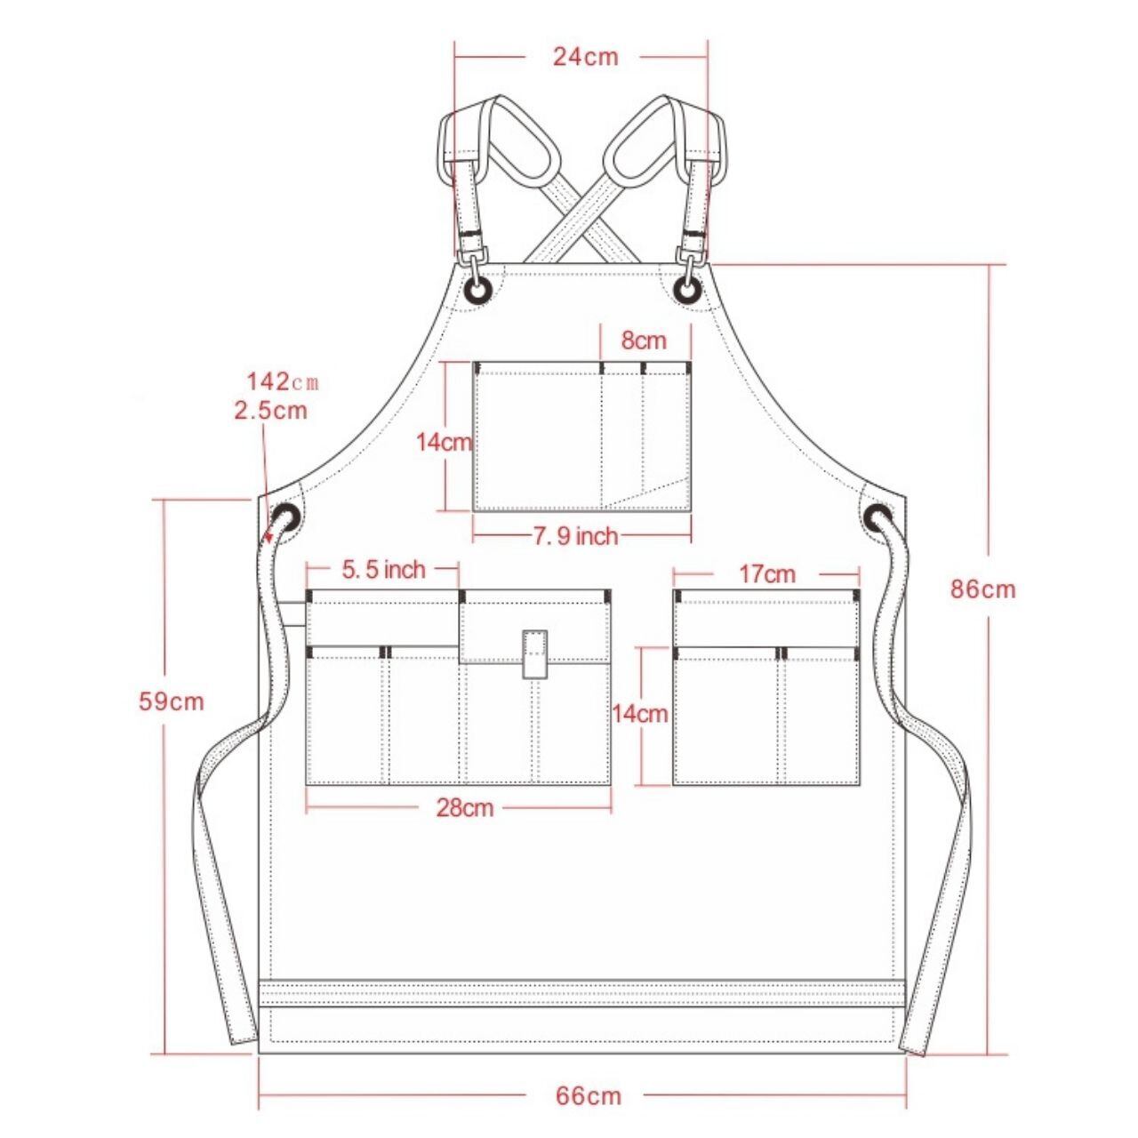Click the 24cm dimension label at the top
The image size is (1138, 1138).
click(585, 57)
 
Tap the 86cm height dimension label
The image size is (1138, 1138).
click(982, 589)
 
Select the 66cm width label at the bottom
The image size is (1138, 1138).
click(589, 1062)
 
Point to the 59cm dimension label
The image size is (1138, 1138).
click(172, 701)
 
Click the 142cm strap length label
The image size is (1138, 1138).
click(283, 382)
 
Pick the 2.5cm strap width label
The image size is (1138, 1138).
click(271, 410)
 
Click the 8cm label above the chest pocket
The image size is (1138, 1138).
click(644, 341)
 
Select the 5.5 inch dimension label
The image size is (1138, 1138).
click(383, 569)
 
